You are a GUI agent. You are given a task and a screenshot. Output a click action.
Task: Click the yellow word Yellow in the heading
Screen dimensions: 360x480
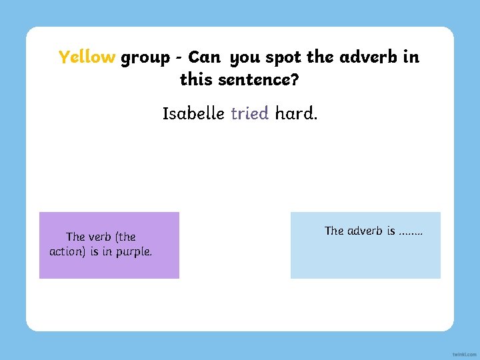(87, 57)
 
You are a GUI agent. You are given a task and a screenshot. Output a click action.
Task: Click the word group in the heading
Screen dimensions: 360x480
(145, 58)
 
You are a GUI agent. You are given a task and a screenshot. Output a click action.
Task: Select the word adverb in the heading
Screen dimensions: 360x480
(370, 57)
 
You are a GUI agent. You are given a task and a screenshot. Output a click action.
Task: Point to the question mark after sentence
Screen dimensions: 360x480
(295, 81)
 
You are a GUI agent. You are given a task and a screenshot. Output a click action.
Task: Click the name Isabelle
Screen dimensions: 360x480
(193, 113)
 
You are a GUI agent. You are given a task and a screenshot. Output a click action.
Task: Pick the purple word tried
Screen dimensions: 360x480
(249, 113)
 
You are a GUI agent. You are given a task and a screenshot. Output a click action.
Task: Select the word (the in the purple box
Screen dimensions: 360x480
(125, 237)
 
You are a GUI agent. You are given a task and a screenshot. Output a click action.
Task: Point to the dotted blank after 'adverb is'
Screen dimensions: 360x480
(410, 233)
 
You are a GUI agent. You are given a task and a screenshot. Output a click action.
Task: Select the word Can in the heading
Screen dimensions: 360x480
(204, 57)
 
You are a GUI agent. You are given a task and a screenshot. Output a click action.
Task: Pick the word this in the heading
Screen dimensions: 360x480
(195, 81)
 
